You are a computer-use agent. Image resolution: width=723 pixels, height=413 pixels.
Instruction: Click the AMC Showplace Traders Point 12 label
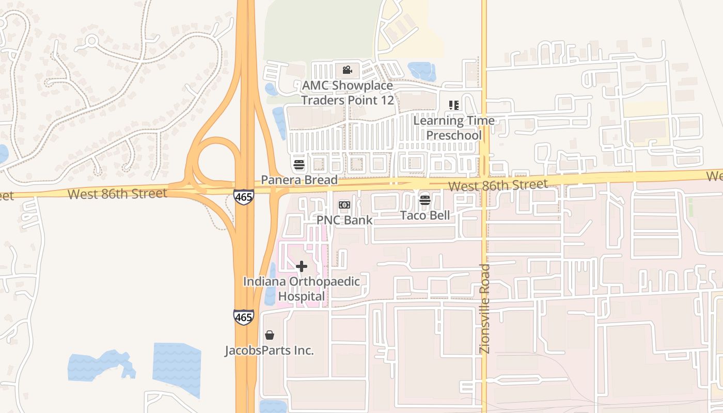(347, 92)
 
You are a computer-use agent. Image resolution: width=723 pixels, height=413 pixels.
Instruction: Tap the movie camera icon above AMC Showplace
(347, 70)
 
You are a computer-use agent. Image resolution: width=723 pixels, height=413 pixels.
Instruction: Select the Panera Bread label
(299, 180)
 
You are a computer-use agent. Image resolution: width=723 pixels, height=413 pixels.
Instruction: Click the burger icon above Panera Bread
(299, 165)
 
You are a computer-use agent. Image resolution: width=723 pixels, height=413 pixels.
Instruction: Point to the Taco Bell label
(425, 215)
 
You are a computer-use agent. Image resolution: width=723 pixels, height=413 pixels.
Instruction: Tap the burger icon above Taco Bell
(425, 200)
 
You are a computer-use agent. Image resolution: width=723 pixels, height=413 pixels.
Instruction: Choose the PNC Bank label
(344, 219)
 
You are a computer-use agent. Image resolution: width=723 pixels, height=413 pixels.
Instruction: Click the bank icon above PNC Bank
(344, 205)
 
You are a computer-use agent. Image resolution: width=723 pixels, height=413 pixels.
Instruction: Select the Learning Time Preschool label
(454, 128)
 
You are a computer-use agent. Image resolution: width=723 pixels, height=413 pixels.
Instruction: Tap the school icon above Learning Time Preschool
(454, 105)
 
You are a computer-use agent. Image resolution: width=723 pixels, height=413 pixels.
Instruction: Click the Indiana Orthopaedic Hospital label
(302, 289)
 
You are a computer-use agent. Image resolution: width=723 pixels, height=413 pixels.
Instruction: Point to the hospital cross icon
(302, 266)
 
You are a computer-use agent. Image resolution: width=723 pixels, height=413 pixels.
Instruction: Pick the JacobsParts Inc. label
(269, 351)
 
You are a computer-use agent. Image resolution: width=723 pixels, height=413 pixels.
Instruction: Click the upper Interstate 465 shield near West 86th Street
(243, 197)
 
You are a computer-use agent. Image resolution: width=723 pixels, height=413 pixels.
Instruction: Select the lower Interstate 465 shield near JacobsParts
(243, 316)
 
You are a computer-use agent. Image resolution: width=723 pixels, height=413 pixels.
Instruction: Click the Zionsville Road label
(485, 309)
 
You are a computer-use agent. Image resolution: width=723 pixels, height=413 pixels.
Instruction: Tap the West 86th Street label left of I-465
(117, 194)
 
